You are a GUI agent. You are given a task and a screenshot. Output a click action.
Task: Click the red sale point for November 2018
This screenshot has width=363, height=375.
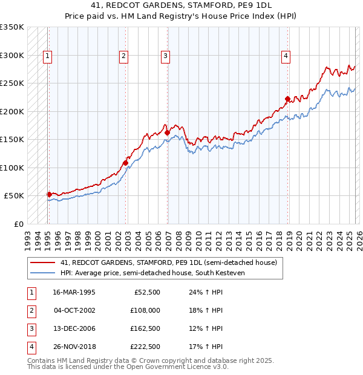coord(287,99)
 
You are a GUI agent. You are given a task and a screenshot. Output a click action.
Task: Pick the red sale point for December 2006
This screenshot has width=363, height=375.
coord(167,132)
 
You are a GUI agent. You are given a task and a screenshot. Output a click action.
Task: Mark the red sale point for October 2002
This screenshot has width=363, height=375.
coord(125,163)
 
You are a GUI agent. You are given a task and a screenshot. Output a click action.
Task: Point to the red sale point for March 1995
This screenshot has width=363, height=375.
coord(49,194)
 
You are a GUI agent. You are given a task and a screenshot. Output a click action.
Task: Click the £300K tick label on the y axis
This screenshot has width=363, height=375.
coord(12,55)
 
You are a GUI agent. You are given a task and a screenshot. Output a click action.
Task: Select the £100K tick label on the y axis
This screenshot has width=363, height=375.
coord(12,168)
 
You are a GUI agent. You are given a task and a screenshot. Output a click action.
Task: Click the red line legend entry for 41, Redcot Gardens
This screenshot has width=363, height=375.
coord(168,262)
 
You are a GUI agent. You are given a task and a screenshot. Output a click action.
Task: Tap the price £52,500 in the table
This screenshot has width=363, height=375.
coord(147,292)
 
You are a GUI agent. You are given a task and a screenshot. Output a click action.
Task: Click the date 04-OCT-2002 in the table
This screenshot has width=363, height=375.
coord(74,310)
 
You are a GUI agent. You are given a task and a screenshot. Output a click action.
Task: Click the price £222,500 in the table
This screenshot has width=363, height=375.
coord(145,347)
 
